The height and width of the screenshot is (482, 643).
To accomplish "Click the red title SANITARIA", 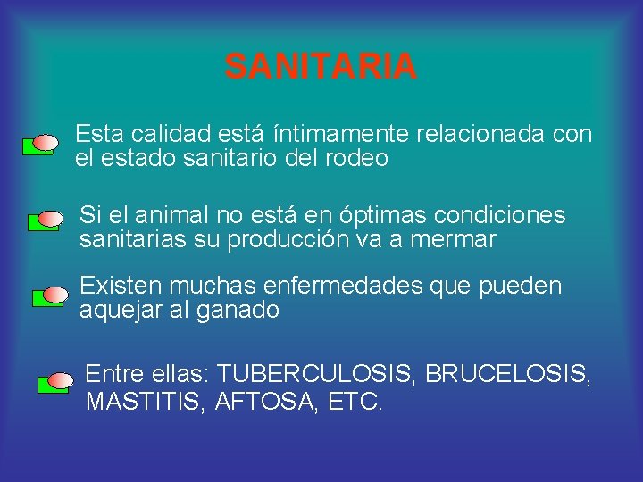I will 321,66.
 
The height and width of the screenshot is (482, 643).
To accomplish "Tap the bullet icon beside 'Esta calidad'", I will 41,144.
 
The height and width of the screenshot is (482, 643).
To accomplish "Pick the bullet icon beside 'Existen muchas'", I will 50,296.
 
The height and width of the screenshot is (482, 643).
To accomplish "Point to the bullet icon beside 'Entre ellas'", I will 55,384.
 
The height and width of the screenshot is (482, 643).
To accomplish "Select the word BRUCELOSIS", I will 507,373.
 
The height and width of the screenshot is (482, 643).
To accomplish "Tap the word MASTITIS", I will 142,403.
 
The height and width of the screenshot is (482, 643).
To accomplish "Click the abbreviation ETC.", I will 355,403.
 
